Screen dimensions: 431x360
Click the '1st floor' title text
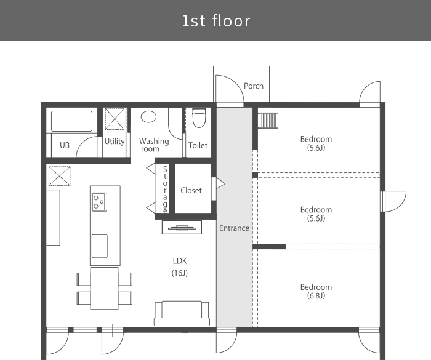(216, 21)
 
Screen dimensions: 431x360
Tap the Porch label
(254, 86)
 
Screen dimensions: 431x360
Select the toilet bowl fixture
(199, 118)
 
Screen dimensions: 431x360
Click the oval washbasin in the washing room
(148, 117)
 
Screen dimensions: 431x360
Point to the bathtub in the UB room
(72, 121)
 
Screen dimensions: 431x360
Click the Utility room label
(115, 142)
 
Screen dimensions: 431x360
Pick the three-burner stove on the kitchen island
(100, 202)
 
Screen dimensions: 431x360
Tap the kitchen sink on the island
(100, 246)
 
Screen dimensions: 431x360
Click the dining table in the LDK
(105, 288)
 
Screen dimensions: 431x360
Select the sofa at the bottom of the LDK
(182, 314)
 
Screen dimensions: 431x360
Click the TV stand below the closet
(182, 227)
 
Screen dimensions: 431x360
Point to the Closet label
(191, 190)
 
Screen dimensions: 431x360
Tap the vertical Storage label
(165, 190)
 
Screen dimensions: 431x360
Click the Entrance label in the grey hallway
(234, 228)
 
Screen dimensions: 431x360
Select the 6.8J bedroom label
(316, 291)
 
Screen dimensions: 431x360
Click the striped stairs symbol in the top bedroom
(268, 121)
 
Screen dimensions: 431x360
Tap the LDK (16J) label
(180, 267)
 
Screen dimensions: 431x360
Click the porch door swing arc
(230, 89)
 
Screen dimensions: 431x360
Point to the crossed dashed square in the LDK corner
(59, 176)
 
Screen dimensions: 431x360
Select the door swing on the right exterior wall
(393, 201)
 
